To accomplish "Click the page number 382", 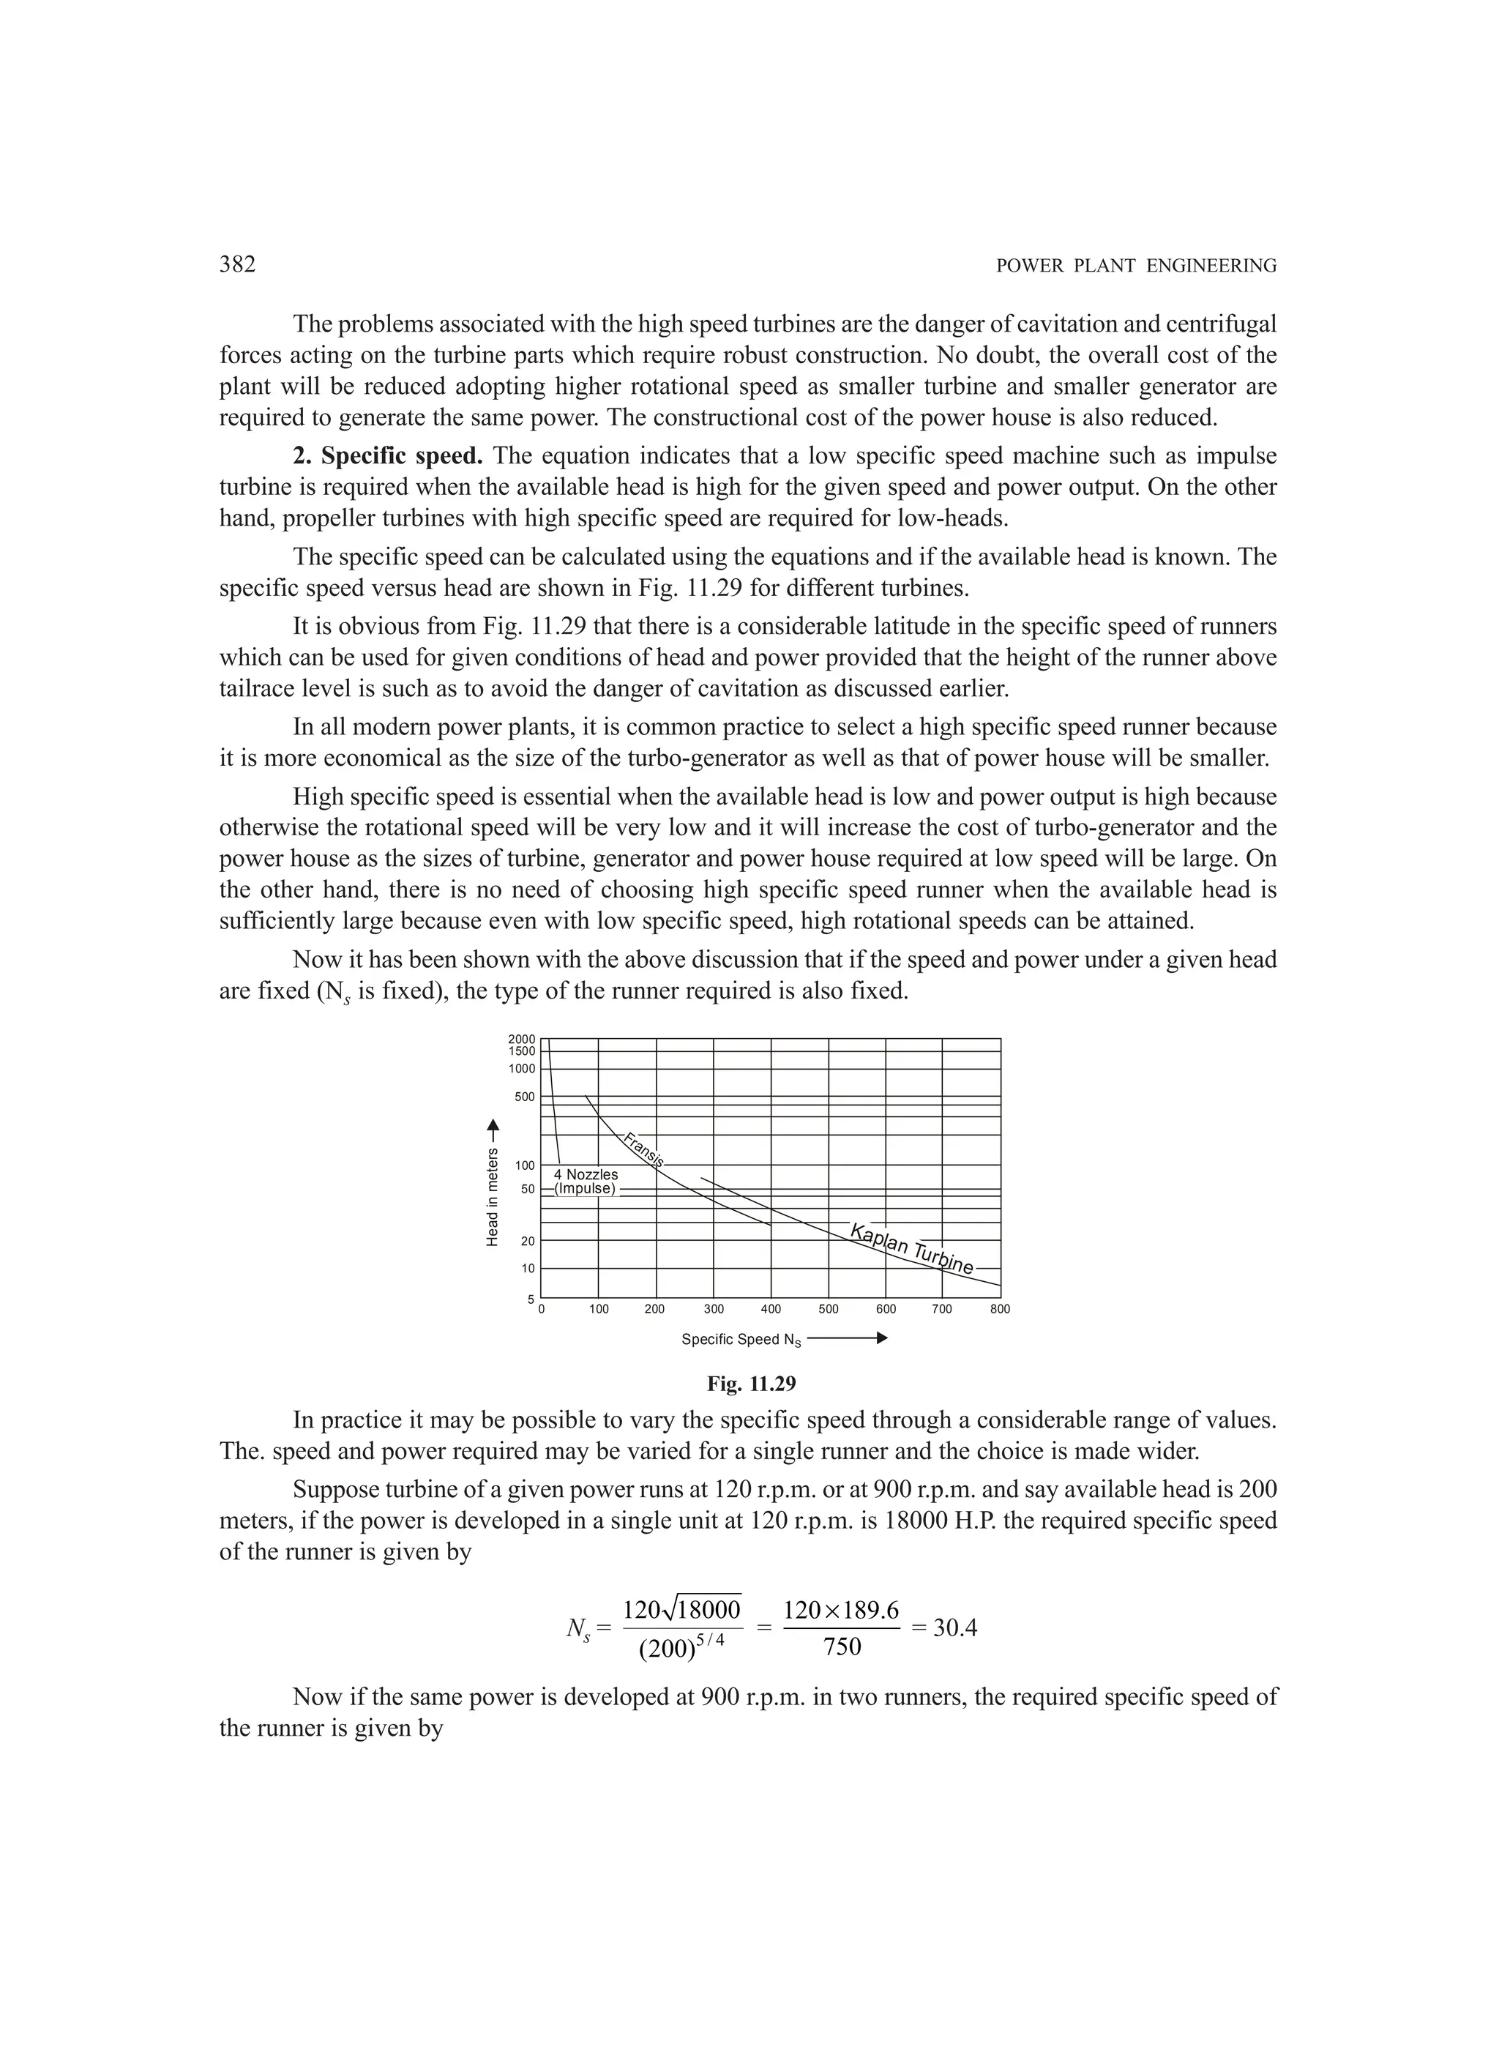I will [x=237, y=265].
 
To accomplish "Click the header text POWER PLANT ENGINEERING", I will [x=1136, y=266].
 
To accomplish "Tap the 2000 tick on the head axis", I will [x=521, y=1039].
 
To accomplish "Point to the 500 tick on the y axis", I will [x=524, y=1097].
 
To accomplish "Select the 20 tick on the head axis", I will [x=528, y=1241].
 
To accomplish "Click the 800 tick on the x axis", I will [x=1000, y=1309].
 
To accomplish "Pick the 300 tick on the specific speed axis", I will [x=714, y=1309].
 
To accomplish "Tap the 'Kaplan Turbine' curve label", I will [x=911, y=1249].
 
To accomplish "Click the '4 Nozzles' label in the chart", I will [x=586, y=1174].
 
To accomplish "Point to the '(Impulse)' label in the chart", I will [x=585, y=1189].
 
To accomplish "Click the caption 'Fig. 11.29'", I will [x=751, y=1384].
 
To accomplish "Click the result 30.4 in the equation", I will [x=955, y=1627].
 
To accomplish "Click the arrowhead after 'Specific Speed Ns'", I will [x=881, y=1339].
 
